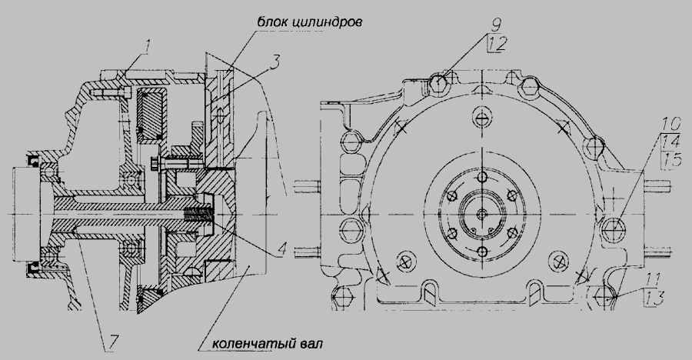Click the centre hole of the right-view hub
click(481, 214)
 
